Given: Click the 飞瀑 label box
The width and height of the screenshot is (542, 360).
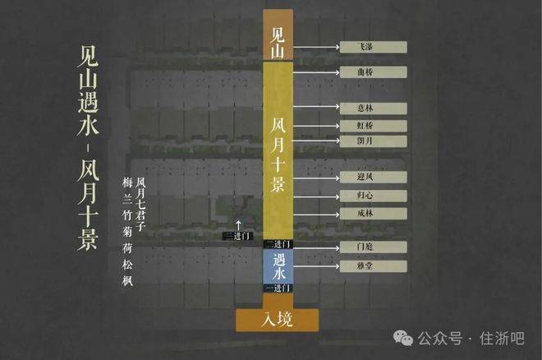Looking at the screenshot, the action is point(374,47).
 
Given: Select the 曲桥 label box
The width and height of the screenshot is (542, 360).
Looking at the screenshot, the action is point(374,72).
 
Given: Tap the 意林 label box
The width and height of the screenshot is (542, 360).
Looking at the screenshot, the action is point(374,108).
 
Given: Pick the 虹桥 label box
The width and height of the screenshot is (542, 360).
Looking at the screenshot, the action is point(374,126).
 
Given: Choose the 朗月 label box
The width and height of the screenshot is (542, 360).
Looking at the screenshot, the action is point(374,141).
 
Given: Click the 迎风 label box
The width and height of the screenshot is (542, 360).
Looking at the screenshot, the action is point(374,177).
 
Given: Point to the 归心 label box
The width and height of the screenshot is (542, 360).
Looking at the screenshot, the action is point(374,196).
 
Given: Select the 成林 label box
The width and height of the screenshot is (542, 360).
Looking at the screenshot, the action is point(374,214).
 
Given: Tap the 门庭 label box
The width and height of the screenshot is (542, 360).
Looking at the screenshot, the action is point(374,247).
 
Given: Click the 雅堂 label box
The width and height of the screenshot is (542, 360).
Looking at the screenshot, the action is point(374,266).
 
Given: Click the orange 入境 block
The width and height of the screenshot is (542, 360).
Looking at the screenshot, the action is point(278,320).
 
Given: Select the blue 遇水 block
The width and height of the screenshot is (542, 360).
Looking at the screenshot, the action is point(278,266).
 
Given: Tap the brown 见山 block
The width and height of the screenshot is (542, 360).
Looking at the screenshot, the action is point(278,35).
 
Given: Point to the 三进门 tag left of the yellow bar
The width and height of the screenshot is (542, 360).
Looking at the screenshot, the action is point(238,236).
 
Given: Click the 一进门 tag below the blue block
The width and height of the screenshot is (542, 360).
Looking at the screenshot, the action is point(278,288).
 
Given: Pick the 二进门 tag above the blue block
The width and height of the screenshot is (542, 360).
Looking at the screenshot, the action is point(278,244).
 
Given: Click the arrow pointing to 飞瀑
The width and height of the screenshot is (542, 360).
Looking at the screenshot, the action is point(316,47).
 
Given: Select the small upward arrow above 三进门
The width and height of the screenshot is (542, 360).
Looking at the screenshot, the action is point(238,224).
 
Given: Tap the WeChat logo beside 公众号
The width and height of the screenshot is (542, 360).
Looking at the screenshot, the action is point(403,338).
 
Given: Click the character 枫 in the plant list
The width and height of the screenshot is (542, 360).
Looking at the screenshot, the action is point(127,280).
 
